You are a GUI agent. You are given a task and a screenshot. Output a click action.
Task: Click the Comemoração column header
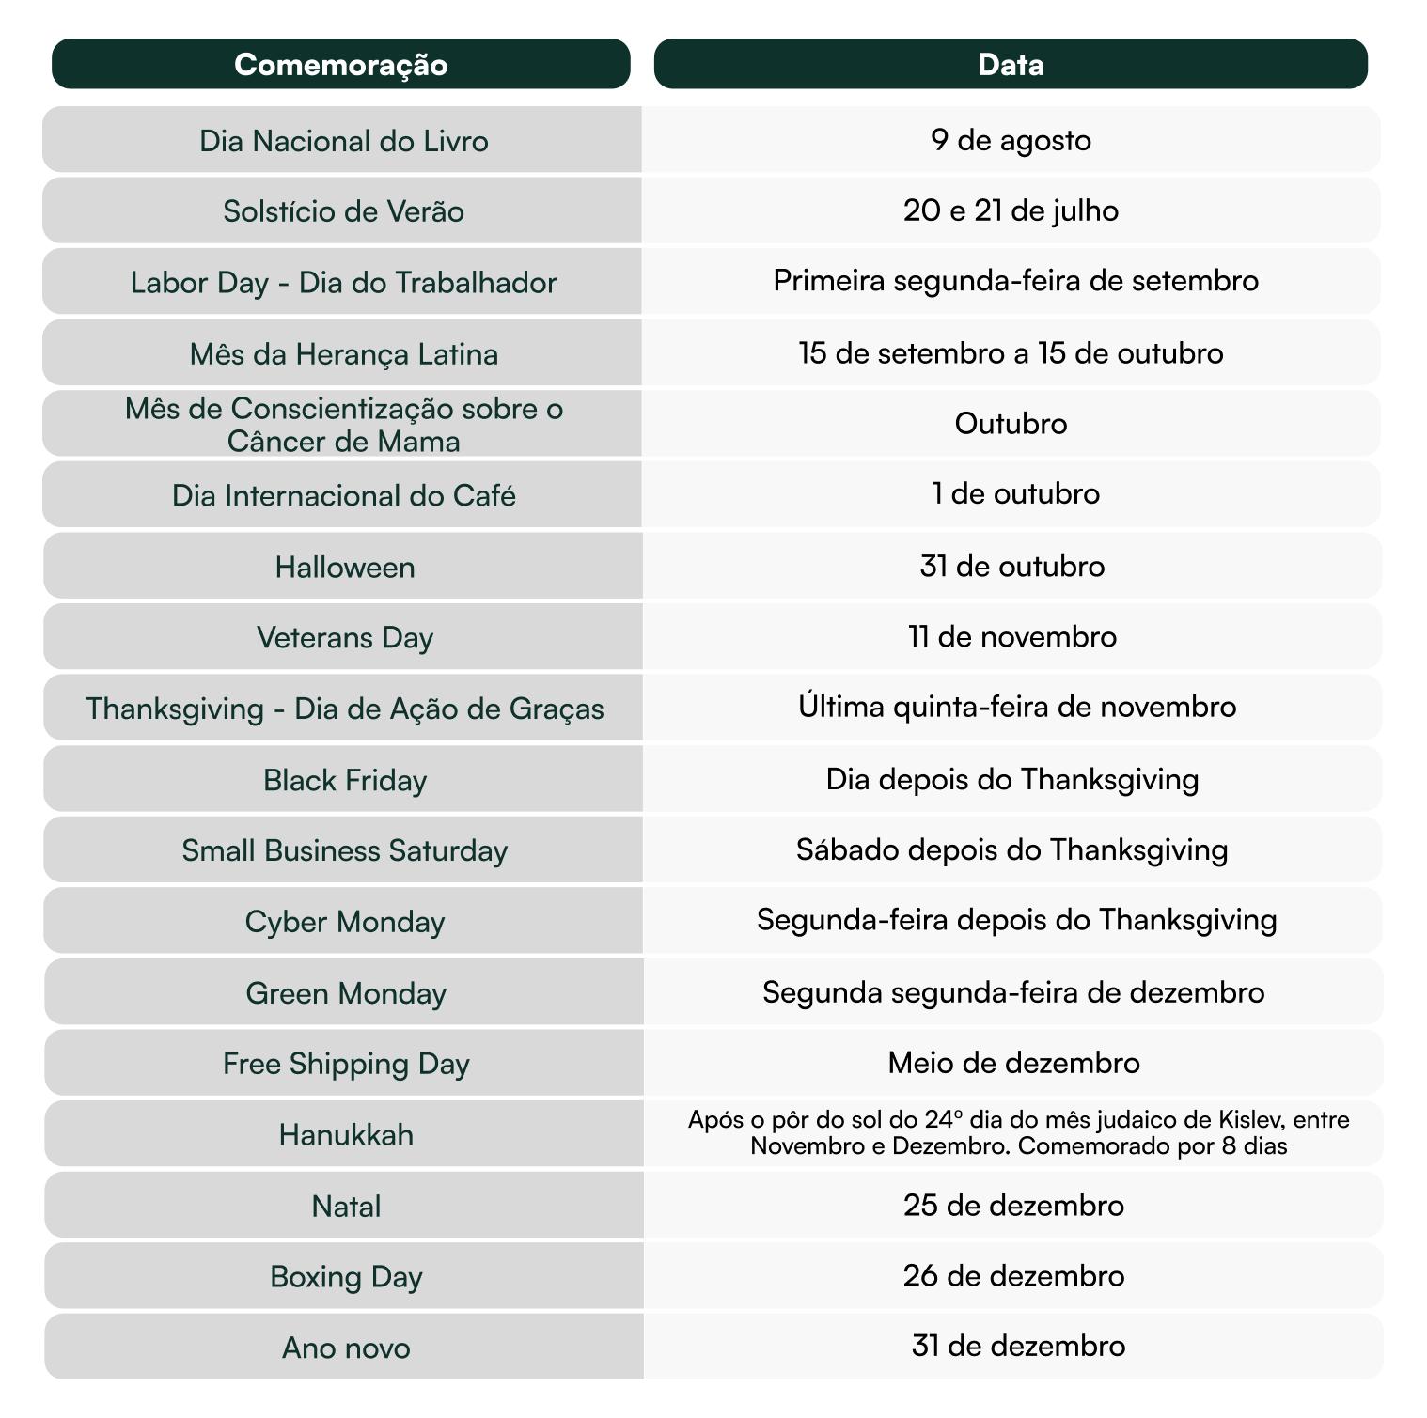point(340,64)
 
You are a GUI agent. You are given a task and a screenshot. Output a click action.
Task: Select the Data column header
point(1011,64)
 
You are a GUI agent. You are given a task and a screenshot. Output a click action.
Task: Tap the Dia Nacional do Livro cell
point(343,141)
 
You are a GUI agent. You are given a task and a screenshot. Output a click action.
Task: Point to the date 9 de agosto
point(1011,140)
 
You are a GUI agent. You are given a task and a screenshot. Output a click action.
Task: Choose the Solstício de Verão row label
point(343,211)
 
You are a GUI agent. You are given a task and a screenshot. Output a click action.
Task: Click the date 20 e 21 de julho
point(1011,210)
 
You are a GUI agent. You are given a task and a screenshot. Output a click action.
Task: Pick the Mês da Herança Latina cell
point(343,354)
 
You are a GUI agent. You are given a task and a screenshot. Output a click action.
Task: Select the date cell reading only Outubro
point(1011,424)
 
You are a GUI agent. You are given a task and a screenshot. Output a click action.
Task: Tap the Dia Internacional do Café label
point(343,495)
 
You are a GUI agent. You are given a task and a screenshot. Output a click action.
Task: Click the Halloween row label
point(344,568)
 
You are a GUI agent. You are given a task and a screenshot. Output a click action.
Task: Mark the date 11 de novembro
point(1011,637)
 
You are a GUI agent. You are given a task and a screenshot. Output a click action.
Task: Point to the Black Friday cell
point(344,780)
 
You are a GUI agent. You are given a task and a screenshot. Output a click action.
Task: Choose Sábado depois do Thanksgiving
point(1011,849)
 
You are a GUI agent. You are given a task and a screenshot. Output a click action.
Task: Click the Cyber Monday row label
point(344,922)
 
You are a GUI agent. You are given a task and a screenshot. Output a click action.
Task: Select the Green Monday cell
point(345,993)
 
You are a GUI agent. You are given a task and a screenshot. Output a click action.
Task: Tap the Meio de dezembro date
point(1013,1063)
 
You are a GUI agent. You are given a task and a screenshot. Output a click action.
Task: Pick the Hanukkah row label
point(345,1135)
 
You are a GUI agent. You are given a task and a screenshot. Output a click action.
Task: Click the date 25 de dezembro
point(1013,1206)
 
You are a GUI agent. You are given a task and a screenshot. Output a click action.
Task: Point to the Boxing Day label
point(345,1277)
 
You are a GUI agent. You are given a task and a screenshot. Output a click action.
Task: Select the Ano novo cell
point(345,1348)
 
